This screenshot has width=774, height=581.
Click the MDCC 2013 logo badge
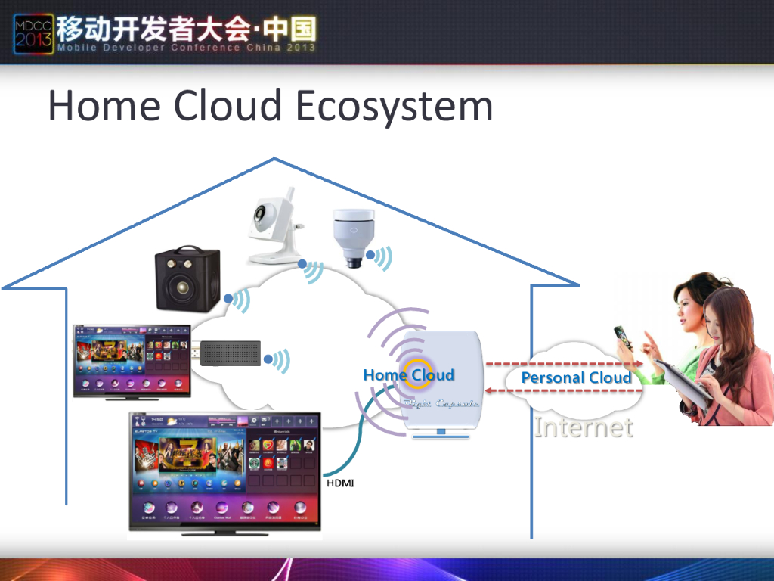[33, 34]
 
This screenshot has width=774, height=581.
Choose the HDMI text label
[339, 483]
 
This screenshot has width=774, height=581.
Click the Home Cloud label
[409, 374]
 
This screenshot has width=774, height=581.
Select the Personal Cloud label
[576, 377]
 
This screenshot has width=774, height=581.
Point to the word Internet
[583, 427]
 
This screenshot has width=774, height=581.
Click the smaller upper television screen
[132, 359]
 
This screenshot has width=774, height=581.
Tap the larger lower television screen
[225, 471]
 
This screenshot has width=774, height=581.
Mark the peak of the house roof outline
[273, 159]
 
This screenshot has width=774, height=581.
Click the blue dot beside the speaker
[228, 298]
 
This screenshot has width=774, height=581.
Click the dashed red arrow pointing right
[564, 364]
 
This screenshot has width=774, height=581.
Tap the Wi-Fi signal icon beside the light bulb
[382, 259]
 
